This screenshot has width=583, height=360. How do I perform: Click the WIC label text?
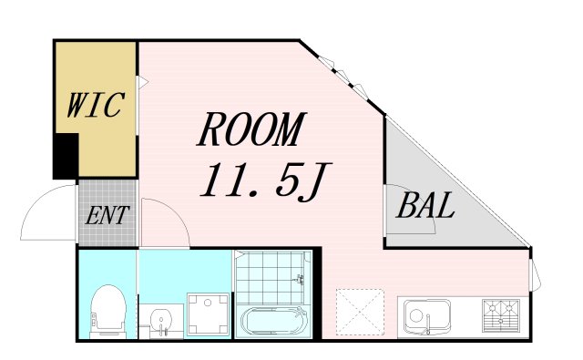click(x=96, y=105)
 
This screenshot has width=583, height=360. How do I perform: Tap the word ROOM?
click(x=251, y=129)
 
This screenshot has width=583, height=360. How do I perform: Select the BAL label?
click(x=425, y=205)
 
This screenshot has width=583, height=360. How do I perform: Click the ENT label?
click(x=107, y=215)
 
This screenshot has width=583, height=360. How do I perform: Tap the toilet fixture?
click(x=107, y=312)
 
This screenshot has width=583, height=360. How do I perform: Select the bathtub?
click(x=274, y=322)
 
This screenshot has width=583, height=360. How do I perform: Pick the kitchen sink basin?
click(x=427, y=316)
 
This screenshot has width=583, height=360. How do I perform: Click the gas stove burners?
click(x=501, y=315)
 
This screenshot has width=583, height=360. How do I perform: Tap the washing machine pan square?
click(x=208, y=314)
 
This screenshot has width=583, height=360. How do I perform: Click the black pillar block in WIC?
click(x=66, y=156)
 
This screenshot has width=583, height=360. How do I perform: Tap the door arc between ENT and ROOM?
click(x=177, y=213)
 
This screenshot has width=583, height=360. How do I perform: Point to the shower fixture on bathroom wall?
click(x=300, y=279)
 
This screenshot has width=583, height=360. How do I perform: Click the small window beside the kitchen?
click(x=535, y=275)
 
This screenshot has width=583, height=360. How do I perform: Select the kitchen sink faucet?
click(x=427, y=324)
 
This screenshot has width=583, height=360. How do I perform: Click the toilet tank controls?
click(x=94, y=320)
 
